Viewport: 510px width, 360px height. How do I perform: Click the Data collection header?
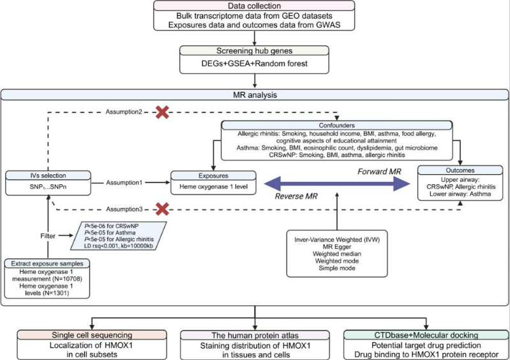(254, 6)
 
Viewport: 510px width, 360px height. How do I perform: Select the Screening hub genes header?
(254, 50)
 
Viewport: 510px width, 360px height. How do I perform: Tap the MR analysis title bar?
(255, 95)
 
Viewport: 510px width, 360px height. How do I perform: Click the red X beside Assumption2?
(162, 112)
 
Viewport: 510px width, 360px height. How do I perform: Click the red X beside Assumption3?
(162, 209)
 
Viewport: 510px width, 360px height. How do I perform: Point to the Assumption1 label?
(124, 183)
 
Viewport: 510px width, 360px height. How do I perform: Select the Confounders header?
(336, 126)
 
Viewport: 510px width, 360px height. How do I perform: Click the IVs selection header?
(48, 176)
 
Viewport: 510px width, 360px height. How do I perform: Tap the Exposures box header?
(213, 176)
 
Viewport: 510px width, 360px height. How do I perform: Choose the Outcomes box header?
(460, 170)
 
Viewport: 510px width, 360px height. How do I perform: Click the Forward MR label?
(379, 171)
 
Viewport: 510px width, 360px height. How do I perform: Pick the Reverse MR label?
(296, 196)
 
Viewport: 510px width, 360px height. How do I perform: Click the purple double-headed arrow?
(337, 184)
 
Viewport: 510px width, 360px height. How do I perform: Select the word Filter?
(48, 236)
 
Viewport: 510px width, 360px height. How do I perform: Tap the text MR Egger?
(337, 247)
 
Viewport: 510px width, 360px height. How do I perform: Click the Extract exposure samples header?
(47, 264)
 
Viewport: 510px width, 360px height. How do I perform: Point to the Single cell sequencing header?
(92, 335)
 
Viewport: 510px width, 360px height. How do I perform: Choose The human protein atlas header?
(255, 335)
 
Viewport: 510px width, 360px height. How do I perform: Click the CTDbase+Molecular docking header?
(426, 335)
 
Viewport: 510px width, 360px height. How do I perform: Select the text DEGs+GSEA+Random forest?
(254, 63)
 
